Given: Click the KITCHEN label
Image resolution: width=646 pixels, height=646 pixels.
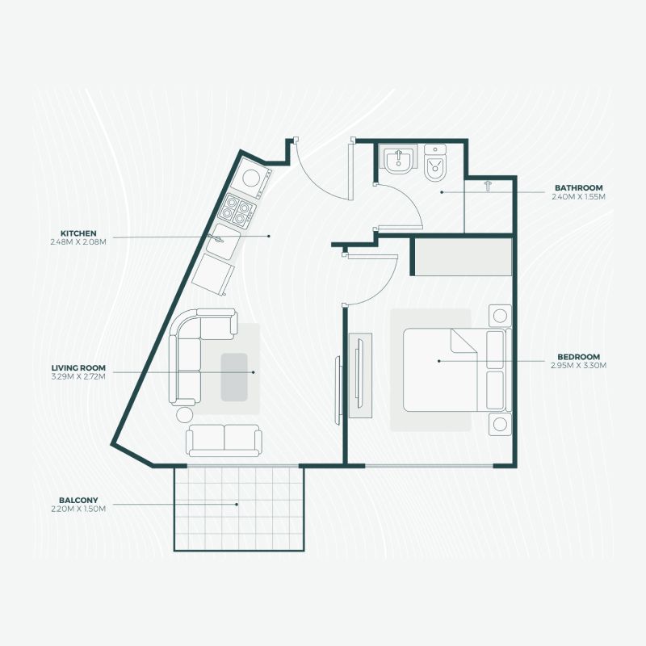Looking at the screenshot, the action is [x=78, y=233].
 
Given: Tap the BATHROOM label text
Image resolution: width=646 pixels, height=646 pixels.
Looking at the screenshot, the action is [x=578, y=188].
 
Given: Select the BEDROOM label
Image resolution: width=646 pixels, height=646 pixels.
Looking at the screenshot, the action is [x=578, y=357].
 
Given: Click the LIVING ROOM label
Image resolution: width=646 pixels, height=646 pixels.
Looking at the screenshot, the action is [x=78, y=368].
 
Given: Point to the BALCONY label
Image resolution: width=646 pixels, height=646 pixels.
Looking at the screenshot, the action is [x=78, y=501].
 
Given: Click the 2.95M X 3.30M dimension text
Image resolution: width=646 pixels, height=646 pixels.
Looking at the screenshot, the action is [x=578, y=366].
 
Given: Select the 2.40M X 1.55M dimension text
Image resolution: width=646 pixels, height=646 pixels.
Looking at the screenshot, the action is [x=578, y=197].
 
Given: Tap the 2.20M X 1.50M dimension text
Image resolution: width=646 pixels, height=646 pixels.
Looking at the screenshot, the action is [x=78, y=510].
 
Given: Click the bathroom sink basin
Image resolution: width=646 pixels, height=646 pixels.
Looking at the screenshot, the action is [x=397, y=159].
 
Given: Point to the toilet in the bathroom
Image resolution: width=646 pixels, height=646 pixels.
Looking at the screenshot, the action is [x=435, y=163].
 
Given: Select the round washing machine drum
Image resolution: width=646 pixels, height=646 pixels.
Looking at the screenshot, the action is [x=250, y=178].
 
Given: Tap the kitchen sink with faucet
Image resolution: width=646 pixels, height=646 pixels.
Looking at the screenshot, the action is [x=223, y=241].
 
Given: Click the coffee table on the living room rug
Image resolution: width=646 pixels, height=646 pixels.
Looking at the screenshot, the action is [x=234, y=377].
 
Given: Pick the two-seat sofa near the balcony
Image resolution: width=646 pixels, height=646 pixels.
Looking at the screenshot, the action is [x=224, y=440].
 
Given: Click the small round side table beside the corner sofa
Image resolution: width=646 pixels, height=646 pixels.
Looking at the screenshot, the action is [x=184, y=414].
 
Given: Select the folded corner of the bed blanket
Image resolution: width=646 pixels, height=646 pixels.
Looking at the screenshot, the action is [x=464, y=341].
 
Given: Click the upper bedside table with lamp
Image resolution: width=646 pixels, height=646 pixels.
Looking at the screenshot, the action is [x=500, y=316].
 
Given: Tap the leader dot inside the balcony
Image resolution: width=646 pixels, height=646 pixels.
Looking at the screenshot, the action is [x=237, y=504].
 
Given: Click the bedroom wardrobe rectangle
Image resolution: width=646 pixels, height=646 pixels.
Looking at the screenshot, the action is [x=463, y=257].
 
